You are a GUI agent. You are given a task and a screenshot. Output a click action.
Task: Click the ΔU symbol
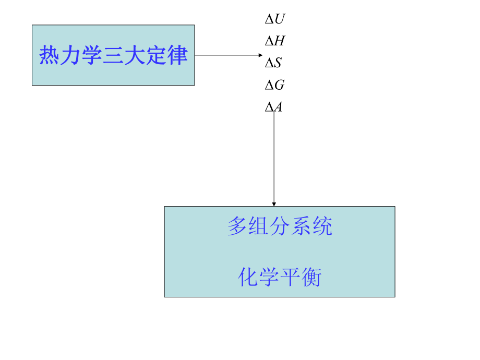click(275, 20)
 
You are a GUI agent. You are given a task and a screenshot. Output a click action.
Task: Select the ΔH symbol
click(275, 41)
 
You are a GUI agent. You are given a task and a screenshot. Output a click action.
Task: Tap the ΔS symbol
click(273, 63)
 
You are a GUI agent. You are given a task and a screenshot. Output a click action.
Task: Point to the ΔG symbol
click(275, 85)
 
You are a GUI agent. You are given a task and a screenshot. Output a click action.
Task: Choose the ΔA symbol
click(274, 107)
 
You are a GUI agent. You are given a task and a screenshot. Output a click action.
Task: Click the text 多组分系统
click(280, 227)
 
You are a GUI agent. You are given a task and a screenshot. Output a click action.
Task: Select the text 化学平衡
click(280, 277)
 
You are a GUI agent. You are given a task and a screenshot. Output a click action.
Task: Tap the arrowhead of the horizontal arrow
click(261, 55)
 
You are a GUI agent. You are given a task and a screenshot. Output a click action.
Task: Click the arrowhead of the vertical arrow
click(274, 203)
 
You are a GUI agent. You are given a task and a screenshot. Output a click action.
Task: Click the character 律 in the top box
click(177, 55)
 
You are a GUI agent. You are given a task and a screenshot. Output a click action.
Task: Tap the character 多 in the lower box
click(238, 227)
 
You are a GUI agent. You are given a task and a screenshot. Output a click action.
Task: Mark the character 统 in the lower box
click(322, 227)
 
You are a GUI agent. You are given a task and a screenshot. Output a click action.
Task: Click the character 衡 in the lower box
click(311, 277)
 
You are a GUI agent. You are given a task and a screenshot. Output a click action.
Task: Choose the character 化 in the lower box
click(248, 277)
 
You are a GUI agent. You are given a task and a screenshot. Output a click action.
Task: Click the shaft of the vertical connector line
click(274, 157)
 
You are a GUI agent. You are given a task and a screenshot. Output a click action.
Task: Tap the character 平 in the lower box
click(290, 277)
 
